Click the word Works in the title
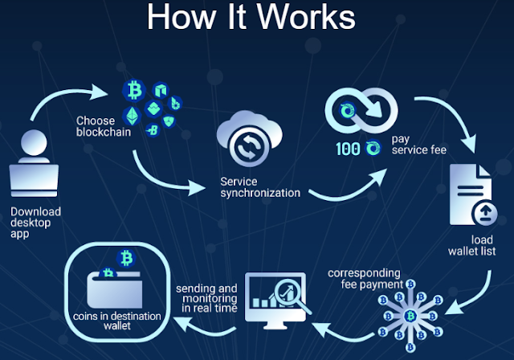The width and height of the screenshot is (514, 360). tap(298, 18)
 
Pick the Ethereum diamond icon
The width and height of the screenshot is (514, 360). tap(132, 113)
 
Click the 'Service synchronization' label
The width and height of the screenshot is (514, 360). tap(259, 187)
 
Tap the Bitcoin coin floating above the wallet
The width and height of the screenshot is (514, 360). tap(125, 257)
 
